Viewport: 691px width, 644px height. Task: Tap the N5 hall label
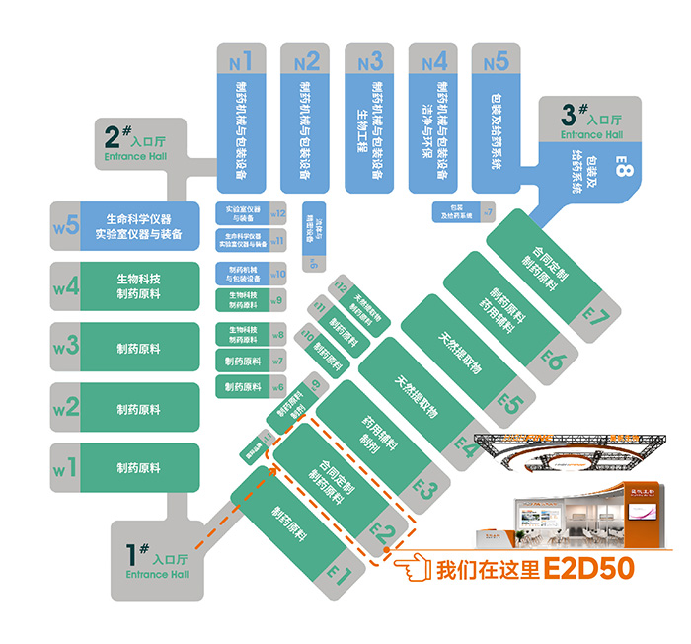point(497,61)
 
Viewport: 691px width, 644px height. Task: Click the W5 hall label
point(65,225)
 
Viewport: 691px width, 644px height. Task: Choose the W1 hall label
point(65,468)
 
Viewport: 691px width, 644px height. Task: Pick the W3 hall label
point(65,348)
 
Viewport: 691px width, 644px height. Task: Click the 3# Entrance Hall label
point(591,121)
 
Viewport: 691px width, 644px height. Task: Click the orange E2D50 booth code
point(587,570)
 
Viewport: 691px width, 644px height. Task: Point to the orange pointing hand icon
point(414,570)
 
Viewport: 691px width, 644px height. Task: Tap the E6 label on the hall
point(552,360)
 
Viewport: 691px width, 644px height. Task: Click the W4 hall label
point(65,286)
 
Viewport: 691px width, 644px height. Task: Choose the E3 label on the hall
point(423,488)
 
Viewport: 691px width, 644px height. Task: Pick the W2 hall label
point(65,408)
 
